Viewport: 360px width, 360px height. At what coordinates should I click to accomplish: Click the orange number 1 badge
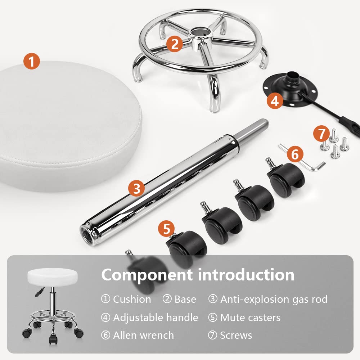[x=32, y=61]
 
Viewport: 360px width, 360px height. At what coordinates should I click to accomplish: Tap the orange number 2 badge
[x=175, y=44]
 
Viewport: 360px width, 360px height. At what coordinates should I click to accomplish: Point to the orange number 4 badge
[x=275, y=100]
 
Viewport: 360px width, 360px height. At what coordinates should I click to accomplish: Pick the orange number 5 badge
[x=166, y=229]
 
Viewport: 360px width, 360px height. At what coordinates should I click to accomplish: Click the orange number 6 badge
[x=295, y=154]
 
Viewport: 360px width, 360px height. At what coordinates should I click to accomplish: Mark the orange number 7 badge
[x=321, y=134]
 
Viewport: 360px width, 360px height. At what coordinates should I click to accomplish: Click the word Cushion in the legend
[x=132, y=300]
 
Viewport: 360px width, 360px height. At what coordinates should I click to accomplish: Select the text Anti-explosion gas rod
[x=274, y=299]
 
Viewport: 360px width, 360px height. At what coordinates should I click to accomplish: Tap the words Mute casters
[x=250, y=318]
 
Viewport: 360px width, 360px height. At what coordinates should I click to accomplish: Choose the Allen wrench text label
[x=144, y=335]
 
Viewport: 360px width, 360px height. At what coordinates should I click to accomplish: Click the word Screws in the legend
[x=236, y=336]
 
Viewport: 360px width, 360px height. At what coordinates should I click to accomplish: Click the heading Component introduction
[x=198, y=275]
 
